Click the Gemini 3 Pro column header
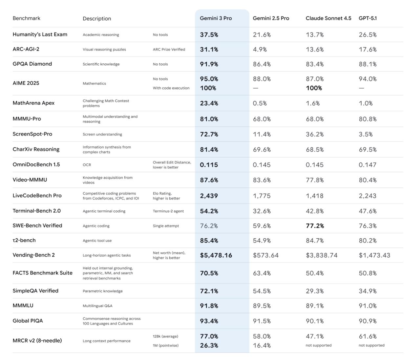click(216, 18)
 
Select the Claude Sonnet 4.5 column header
click(328, 18)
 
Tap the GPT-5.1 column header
click(367, 18)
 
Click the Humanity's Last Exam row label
click(40, 34)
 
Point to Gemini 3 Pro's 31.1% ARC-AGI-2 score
click(209, 50)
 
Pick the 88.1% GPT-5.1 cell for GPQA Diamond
click(367, 64)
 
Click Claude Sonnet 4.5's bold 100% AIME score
click(314, 88)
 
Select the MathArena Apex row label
click(33, 103)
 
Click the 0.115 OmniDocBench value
click(209, 165)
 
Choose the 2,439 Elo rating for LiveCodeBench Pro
click(209, 196)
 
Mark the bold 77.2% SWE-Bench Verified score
click(315, 226)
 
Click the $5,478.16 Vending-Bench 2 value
click(216, 255)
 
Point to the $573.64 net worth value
click(265, 255)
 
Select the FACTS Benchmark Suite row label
click(42, 273)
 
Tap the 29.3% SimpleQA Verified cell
click(315, 291)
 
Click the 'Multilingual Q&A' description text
click(97, 306)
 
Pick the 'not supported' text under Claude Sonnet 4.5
click(318, 345)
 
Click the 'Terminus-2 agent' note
click(168, 211)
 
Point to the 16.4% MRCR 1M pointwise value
click(262, 345)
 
